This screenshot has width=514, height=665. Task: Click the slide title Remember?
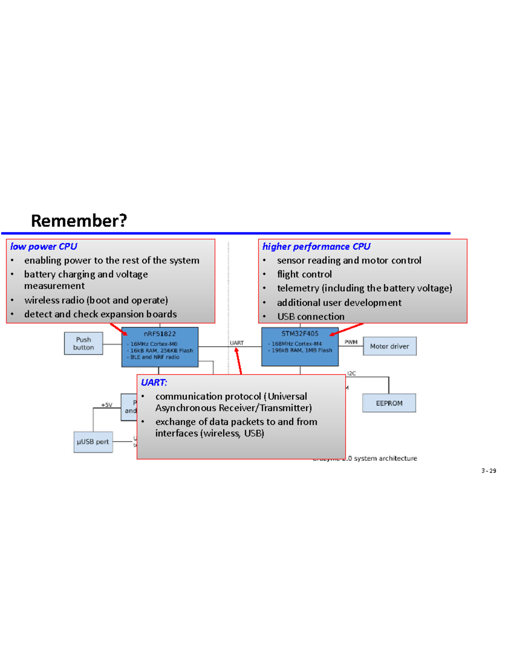(x=79, y=221)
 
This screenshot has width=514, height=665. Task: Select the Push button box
(x=84, y=343)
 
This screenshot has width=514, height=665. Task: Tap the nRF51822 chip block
(x=160, y=347)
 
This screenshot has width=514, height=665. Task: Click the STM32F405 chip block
(x=300, y=347)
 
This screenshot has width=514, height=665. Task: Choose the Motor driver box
(x=389, y=346)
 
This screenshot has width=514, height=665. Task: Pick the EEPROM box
(x=389, y=403)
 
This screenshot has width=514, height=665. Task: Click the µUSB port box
(x=93, y=442)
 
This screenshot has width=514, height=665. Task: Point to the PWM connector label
(x=351, y=342)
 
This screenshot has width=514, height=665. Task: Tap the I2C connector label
(x=351, y=373)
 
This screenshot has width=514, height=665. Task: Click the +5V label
(x=107, y=405)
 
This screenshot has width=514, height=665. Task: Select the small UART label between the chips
(x=237, y=343)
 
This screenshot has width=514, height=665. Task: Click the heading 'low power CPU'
(x=44, y=247)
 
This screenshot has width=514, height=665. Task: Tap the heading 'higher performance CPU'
(x=316, y=247)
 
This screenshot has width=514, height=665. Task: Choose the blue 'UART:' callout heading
(x=154, y=382)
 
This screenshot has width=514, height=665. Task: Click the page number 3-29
(x=489, y=471)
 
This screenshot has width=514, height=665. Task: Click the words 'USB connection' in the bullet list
(x=311, y=316)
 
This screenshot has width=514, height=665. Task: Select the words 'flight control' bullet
(x=304, y=274)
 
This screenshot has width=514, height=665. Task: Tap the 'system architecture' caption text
(x=385, y=458)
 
